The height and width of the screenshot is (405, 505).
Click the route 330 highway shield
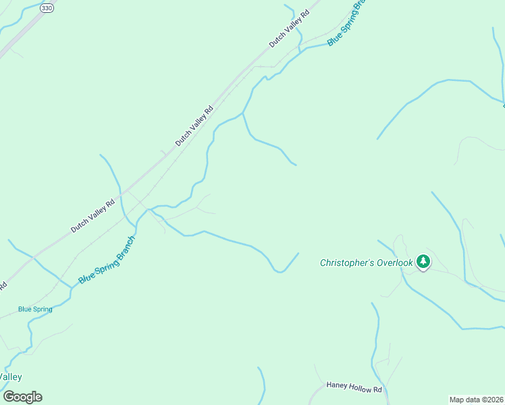click(x=46, y=7)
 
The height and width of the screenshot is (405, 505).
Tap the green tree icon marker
click(x=423, y=261)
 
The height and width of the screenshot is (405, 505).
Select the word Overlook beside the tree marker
click(x=394, y=263)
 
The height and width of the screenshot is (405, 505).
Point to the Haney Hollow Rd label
click(x=354, y=389)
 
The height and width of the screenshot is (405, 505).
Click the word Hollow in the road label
click(x=358, y=389)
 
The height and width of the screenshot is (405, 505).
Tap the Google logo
click(x=22, y=397)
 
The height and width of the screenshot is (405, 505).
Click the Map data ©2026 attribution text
click(x=477, y=399)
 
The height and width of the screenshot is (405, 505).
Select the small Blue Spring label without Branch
click(x=35, y=309)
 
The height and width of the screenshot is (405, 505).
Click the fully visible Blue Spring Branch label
click(x=107, y=260)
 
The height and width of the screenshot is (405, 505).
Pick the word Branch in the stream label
click(x=126, y=247)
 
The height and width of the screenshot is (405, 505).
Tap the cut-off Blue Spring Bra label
click(x=346, y=23)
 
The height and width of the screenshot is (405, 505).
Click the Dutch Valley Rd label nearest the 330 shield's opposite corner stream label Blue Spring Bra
click(x=288, y=28)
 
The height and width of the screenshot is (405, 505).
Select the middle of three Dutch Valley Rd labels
click(x=194, y=126)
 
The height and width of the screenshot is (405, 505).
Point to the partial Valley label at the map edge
click(x=11, y=377)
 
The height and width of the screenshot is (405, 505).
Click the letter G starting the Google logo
click(x=9, y=397)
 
